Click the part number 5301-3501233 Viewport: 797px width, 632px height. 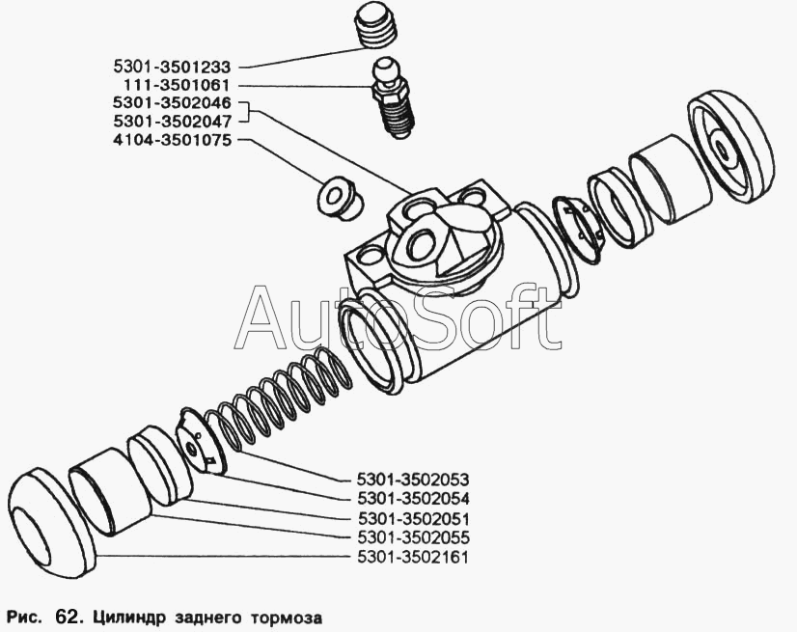(172, 68)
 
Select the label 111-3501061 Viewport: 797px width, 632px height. (177, 85)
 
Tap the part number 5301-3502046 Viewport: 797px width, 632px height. (172, 103)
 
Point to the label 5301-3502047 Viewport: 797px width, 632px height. (172, 122)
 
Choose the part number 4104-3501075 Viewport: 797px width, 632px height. (172, 140)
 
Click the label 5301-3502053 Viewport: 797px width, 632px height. (413, 480)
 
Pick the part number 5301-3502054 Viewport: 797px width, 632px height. (413, 498)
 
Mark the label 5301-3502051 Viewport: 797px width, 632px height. (413, 519)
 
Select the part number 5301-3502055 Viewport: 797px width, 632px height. (413, 537)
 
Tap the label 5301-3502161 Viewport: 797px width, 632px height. (412, 557)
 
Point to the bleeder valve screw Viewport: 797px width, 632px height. (393, 97)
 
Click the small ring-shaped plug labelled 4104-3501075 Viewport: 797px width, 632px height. (339, 199)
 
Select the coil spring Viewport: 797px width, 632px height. (279, 399)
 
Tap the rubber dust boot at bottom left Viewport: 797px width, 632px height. (52, 523)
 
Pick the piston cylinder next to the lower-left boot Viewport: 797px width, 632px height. (110, 491)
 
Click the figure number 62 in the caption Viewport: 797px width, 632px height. (66, 618)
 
